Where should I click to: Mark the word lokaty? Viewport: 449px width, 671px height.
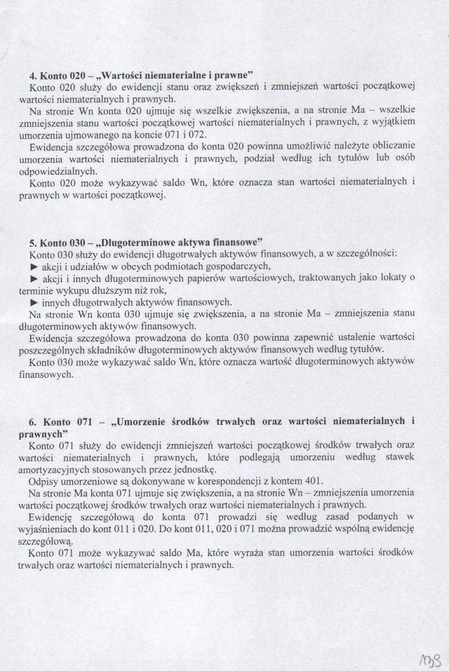point(392,277)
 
